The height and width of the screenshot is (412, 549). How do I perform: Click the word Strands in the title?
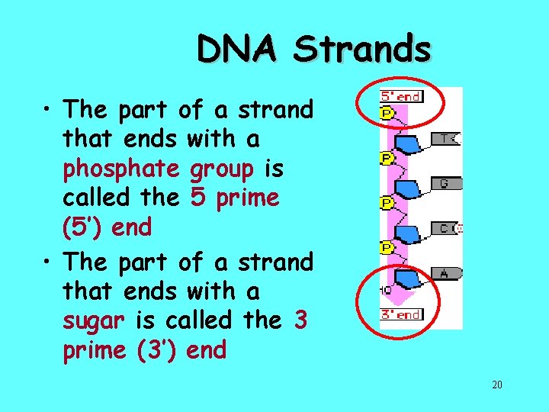[362, 50]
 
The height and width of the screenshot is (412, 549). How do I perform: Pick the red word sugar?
[93, 320]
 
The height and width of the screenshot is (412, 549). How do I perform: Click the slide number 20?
[496, 385]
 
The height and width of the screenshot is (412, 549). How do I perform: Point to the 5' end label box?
[401, 97]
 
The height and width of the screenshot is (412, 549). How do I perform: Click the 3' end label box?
[401, 314]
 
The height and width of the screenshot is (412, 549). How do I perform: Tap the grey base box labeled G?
[447, 184]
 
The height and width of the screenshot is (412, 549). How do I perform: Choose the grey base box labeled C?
[447, 228]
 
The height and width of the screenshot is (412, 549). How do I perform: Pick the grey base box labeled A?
[447, 272]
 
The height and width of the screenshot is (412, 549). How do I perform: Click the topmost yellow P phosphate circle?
[387, 114]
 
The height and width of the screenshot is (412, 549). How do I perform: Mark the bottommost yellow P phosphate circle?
[387, 247]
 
